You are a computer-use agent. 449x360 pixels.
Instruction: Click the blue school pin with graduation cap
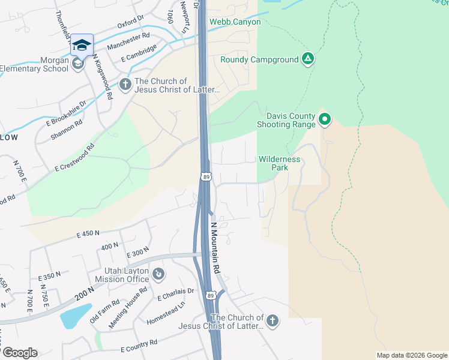point(82,45)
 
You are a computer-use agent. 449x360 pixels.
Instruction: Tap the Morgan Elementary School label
point(34,64)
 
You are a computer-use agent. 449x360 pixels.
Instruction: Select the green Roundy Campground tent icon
point(308,59)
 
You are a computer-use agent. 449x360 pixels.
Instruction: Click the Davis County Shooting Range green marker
point(325,120)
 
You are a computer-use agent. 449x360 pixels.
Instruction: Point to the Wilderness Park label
point(279,163)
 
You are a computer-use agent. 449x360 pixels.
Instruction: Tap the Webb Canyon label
point(235,22)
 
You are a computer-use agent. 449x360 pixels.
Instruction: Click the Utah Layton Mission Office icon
point(158,275)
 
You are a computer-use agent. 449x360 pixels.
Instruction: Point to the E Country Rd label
point(139,345)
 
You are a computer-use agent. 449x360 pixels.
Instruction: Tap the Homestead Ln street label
point(166,313)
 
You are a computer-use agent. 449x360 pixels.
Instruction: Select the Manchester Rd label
point(128,41)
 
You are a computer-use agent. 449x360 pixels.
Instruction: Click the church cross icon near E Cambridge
point(125,83)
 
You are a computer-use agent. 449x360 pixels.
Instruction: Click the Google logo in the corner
point(19,353)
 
